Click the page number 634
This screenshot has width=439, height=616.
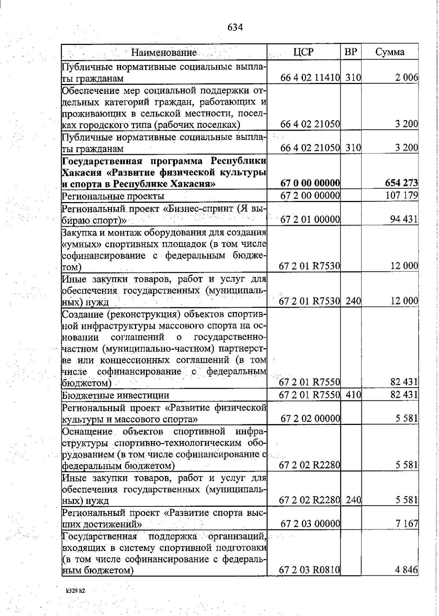[x=235, y=27]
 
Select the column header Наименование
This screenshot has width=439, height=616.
[x=164, y=52]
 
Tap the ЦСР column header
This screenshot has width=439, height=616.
[x=303, y=52]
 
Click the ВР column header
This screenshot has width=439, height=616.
[x=351, y=52]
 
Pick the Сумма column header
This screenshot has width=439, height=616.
[x=390, y=52]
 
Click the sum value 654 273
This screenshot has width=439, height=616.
[x=402, y=183]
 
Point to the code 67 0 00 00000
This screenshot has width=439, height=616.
[x=311, y=183]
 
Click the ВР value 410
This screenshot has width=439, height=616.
[x=353, y=395]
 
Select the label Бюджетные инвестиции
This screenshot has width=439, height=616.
[x=115, y=396]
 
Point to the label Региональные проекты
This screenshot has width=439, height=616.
[x=113, y=196]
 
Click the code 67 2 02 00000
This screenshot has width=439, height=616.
[x=311, y=419]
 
